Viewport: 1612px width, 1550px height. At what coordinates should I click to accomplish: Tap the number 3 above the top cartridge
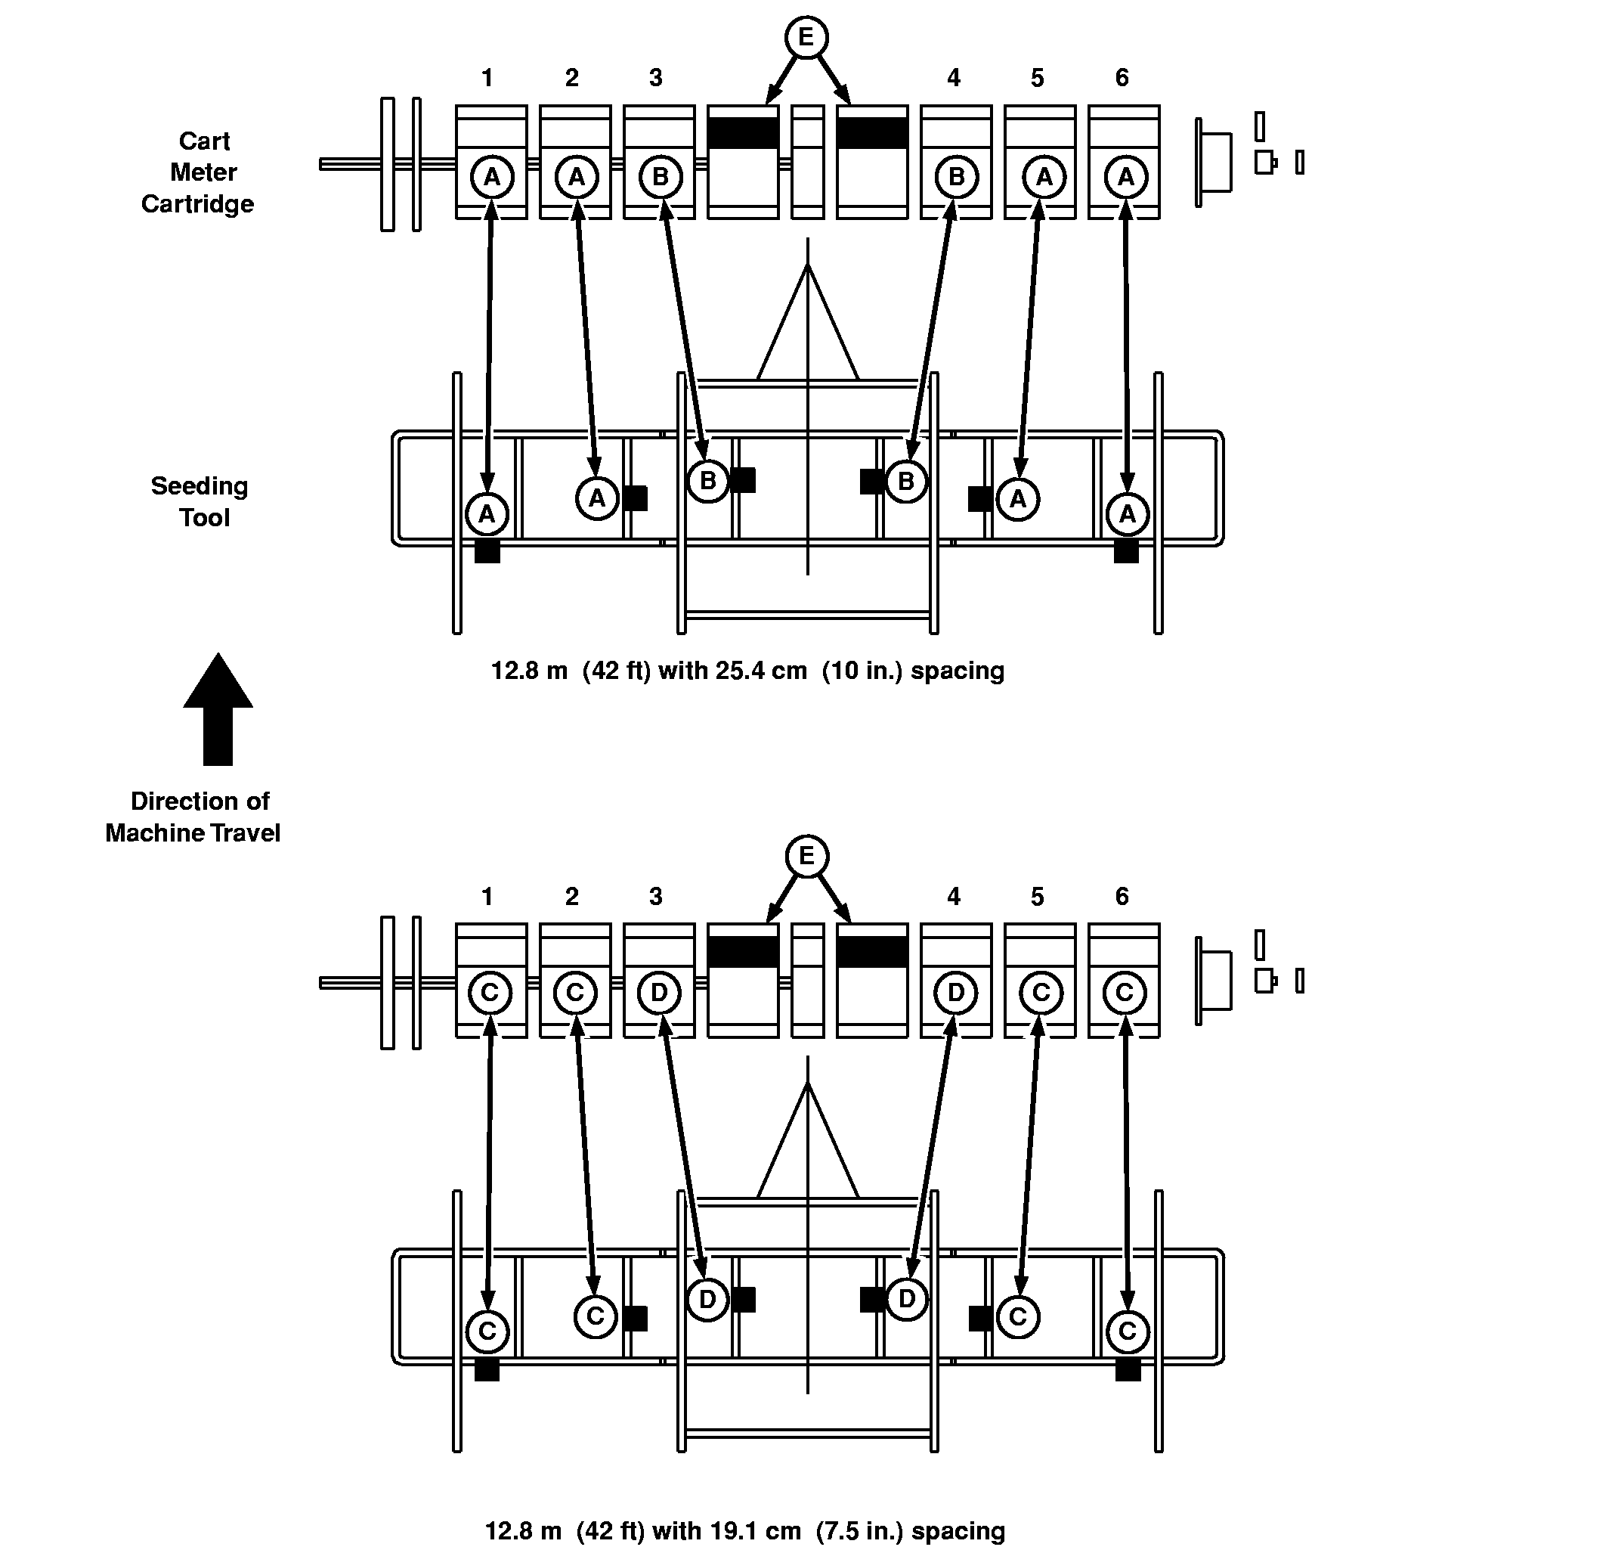tap(655, 78)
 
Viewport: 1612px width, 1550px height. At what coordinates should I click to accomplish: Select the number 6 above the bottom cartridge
tap(1122, 897)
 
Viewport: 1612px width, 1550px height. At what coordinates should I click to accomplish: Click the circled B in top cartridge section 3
tap(660, 177)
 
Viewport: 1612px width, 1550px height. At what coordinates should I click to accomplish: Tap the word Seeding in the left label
tap(199, 486)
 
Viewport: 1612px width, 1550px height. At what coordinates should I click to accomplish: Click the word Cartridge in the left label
tap(197, 204)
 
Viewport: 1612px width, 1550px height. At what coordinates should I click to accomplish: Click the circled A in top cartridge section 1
tap(492, 177)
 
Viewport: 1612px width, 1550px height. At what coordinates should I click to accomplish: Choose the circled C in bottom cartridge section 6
tap(1125, 993)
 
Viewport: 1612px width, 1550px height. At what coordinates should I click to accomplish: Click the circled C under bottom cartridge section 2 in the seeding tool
tap(596, 1316)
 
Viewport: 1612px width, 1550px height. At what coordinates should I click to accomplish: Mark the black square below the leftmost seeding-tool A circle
tap(487, 550)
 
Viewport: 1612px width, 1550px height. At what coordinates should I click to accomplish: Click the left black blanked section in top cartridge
tap(743, 133)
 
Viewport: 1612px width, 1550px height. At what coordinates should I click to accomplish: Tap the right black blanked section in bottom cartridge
tap(872, 952)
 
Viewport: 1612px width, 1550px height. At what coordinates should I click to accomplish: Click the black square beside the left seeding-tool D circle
tap(744, 1299)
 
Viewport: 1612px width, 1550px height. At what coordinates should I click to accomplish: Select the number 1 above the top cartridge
tap(487, 78)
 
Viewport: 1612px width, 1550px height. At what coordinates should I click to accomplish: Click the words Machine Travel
tap(193, 832)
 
